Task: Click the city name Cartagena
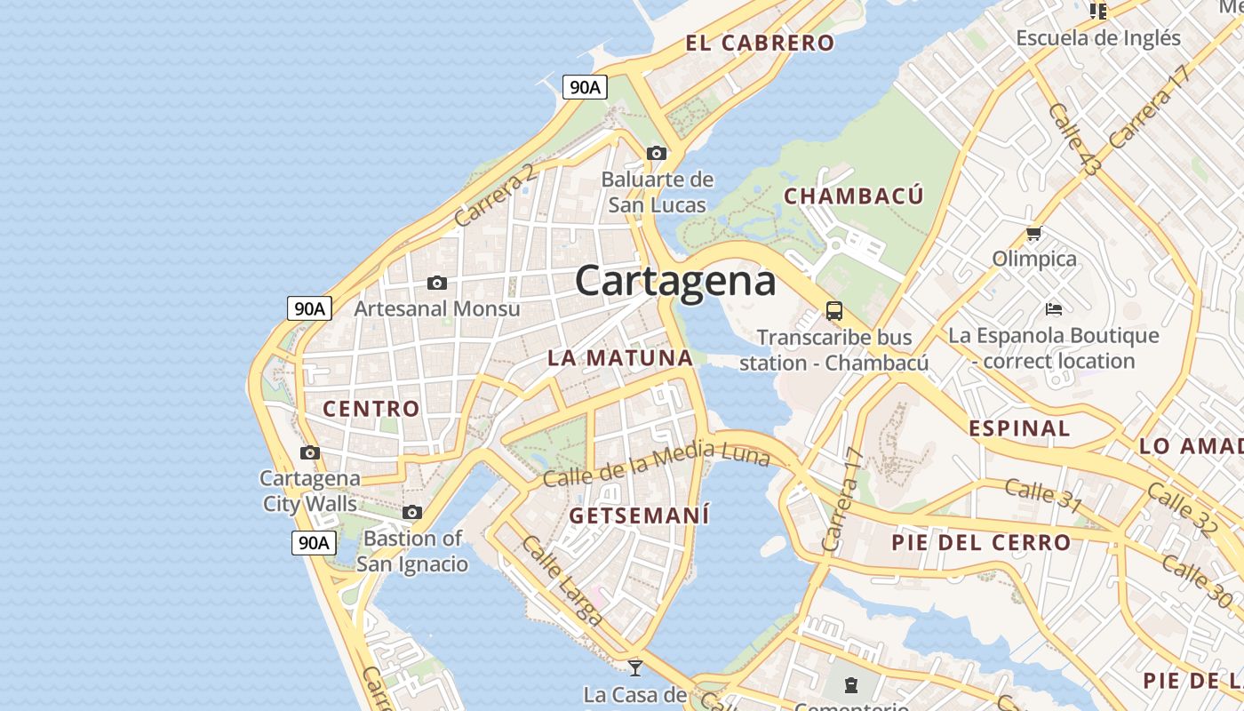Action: pos(675,281)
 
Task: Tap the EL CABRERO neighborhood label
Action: pos(760,43)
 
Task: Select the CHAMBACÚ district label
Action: pos(854,196)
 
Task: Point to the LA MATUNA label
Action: pos(620,358)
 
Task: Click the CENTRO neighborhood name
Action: pos(371,409)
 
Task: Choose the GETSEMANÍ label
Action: pos(639,515)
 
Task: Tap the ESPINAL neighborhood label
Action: pos(1019,428)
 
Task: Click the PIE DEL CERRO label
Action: pos(981,542)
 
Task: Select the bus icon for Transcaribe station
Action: pos(833,311)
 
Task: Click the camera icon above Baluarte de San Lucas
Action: pos(657,153)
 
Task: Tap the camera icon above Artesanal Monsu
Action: pos(436,283)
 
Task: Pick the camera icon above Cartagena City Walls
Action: pos(310,452)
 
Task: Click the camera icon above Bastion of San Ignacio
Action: pos(412,512)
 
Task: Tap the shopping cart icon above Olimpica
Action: pos(1033,234)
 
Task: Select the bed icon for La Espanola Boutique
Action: pos(1054,309)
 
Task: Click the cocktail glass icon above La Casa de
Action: pos(635,667)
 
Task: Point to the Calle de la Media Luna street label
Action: pos(656,465)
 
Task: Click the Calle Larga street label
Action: pos(563,579)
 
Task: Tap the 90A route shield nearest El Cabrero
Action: pos(585,87)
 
